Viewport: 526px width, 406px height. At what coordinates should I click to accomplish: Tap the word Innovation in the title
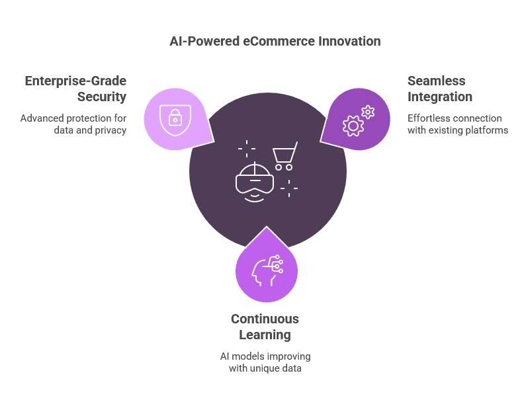click(x=350, y=41)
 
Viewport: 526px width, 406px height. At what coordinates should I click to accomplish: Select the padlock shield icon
click(x=175, y=118)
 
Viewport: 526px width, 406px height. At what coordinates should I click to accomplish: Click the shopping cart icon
click(x=285, y=156)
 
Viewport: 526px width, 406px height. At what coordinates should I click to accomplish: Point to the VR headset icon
click(x=255, y=180)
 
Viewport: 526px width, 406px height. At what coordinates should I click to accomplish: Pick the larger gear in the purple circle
click(x=353, y=126)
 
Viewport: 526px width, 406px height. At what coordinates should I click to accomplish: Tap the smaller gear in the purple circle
click(x=368, y=112)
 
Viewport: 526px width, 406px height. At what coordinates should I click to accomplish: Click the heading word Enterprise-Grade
click(x=75, y=81)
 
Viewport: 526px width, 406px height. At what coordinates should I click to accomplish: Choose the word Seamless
click(x=436, y=81)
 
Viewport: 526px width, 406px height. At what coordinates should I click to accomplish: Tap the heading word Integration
click(x=440, y=97)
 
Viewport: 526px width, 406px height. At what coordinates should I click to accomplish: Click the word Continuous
click(x=265, y=319)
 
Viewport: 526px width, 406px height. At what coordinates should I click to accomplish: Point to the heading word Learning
click(x=265, y=335)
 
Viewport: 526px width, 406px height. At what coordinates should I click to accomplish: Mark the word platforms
click(x=486, y=130)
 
